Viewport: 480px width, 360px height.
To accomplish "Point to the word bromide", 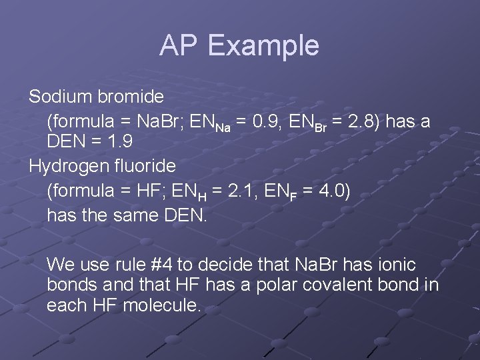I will point(131,97).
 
